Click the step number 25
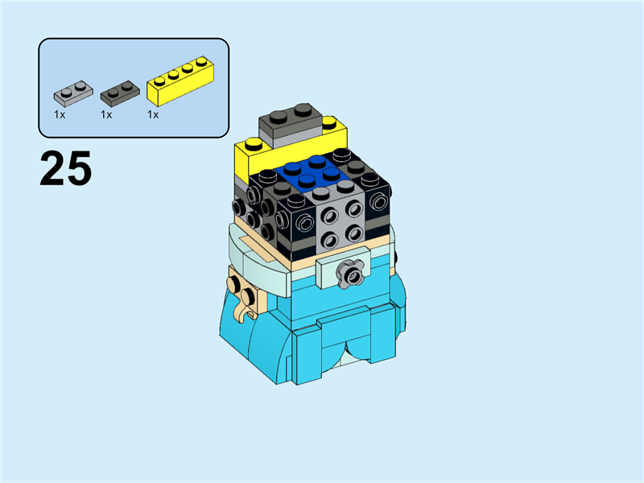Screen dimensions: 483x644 coord(65,168)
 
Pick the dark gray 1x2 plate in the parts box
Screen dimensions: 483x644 coord(118,92)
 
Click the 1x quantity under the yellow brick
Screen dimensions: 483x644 coord(153,115)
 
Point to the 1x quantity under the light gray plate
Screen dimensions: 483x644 coord(60,115)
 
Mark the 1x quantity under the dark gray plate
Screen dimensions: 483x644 coord(106,115)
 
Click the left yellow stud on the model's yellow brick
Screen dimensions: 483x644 coord(251,146)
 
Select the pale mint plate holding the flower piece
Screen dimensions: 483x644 coord(338,266)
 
